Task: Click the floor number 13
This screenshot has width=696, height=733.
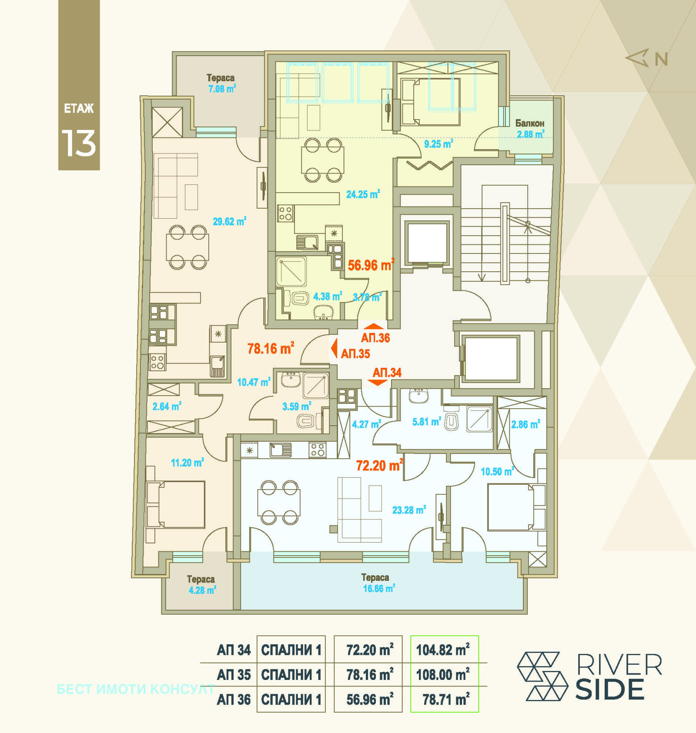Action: point(79,143)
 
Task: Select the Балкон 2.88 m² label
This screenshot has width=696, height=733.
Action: point(530,129)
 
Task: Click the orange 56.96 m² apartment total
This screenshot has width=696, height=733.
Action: point(371,265)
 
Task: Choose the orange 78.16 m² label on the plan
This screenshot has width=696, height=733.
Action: point(271,348)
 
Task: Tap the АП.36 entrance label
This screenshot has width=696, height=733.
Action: point(375,338)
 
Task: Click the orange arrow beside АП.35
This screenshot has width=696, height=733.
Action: point(334,349)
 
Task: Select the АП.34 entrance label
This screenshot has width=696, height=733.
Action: point(387,373)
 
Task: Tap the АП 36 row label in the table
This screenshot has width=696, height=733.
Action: point(234,700)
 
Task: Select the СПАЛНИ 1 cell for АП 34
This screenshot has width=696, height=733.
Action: point(291,650)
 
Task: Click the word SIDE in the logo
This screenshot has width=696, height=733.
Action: point(610,690)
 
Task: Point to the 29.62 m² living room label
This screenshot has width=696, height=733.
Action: point(229,221)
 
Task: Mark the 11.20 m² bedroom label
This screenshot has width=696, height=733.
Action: point(187,463)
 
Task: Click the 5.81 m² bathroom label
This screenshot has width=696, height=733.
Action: point(427,421)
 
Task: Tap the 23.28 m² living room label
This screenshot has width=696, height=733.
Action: point(409,510)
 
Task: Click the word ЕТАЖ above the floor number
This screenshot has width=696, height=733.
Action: point(79,108)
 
